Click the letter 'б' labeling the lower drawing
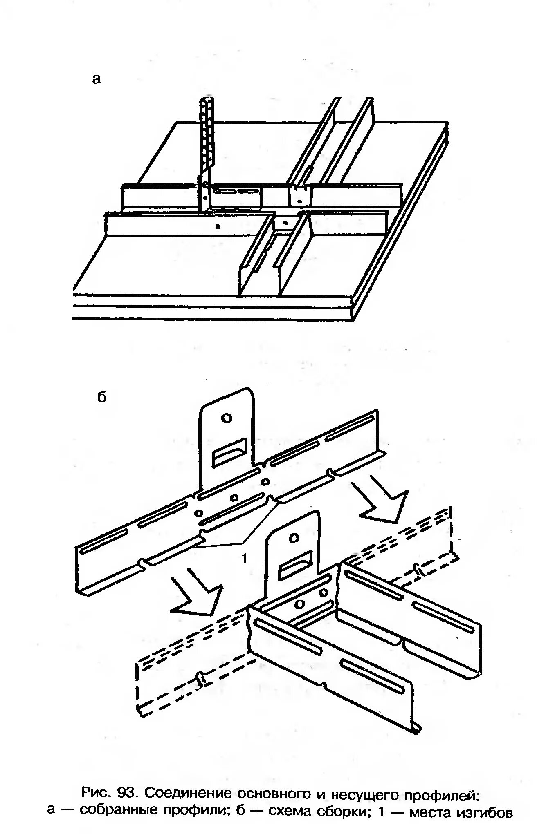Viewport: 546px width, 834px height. pyautogui.click(x=102, y=396)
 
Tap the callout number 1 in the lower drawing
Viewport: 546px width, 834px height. pyautogui.click(x=244, y=558)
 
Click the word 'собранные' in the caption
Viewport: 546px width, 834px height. pyautogui.click(x=119, y=812)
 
